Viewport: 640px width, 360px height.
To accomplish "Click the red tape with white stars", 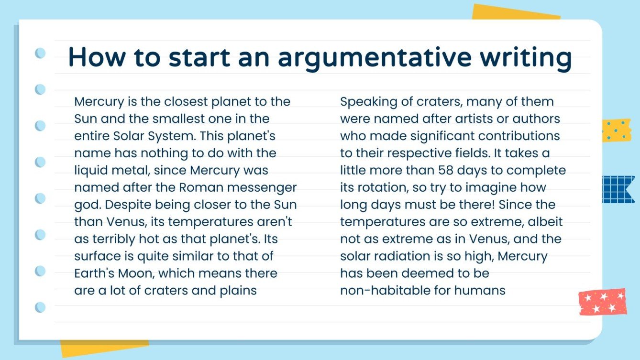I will pos(603,301).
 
